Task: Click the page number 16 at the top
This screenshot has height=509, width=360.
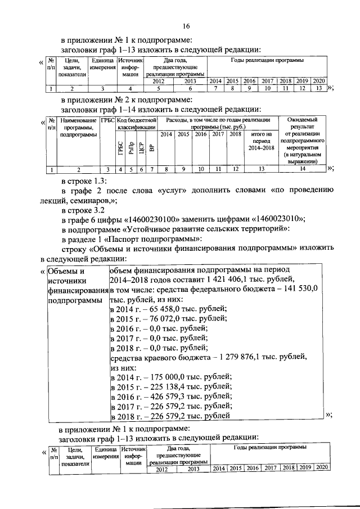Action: [x=186, y=25]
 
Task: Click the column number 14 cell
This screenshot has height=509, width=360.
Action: [x=303, y=169]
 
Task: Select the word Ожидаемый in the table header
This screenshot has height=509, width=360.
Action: [x=303, y=120]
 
